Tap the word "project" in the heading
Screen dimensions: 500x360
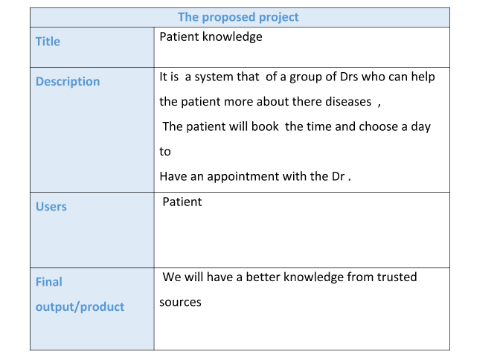pos(279,18)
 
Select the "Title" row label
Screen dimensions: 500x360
pos(48,42)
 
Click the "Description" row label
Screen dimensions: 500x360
pos(68,82)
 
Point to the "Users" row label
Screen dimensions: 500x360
pos(51,207)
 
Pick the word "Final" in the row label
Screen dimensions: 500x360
pos(49,282)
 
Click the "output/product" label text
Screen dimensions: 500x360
pos(80,306)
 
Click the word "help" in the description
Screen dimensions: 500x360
pos(423,77)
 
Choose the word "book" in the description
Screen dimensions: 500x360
pos(265,126)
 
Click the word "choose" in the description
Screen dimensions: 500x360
pos(378,126)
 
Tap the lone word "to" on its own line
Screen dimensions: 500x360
pos(165,152)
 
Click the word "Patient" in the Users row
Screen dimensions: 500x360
pos(182,202)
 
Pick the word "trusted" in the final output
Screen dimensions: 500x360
pos(397,277)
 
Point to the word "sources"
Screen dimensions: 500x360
pos(181,302)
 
